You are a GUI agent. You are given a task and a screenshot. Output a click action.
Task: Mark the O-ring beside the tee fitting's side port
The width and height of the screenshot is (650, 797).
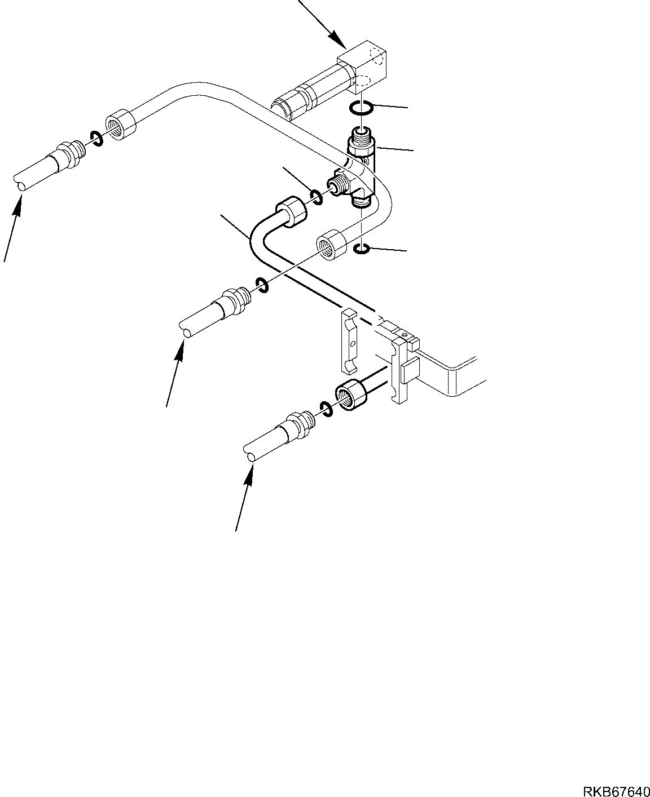pos(316,196)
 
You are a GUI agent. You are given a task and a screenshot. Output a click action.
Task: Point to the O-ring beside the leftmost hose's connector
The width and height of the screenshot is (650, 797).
pos(96,138)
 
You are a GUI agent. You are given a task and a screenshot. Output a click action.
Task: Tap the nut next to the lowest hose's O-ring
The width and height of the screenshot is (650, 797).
pos(351,397)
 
